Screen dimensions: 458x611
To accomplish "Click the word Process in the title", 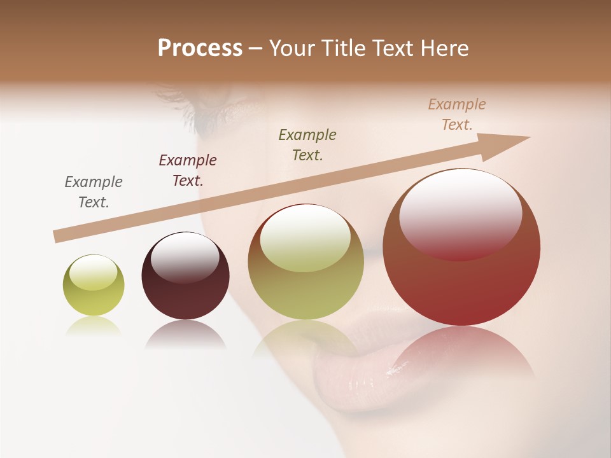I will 200,48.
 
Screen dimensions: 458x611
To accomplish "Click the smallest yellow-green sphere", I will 94,285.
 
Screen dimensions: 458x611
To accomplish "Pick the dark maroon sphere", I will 185,275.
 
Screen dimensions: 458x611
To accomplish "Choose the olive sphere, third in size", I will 305,261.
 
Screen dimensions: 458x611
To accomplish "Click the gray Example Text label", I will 94,192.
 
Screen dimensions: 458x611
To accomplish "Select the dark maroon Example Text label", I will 188,170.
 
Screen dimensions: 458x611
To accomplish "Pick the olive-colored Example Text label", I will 307,145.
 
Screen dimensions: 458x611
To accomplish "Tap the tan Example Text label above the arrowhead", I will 457,114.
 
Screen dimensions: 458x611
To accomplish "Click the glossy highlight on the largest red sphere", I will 460,214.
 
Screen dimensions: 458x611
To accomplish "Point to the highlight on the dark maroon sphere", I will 185,257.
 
